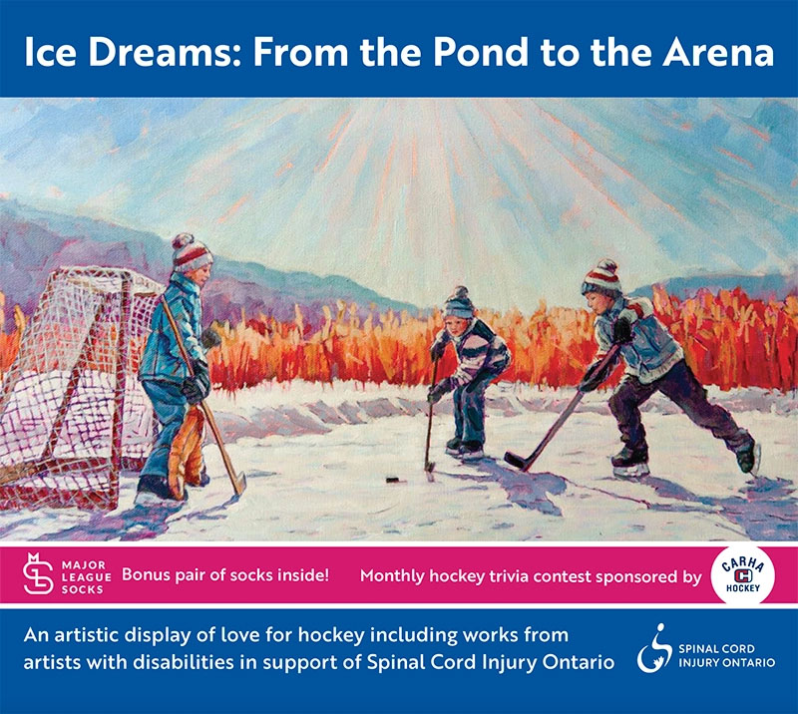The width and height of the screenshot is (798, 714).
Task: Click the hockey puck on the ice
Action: (x=393, y=479)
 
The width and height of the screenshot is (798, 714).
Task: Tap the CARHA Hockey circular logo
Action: (x=743, y=575)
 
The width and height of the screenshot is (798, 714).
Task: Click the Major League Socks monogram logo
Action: (x=38, y=573)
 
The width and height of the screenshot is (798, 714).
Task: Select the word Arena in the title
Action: (x=718, y=52)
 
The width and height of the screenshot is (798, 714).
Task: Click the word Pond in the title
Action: (x=481, y=52)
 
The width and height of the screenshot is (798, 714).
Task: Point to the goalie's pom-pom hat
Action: (x=191, y=252)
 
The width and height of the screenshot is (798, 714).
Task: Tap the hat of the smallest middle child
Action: (x=459, y=303)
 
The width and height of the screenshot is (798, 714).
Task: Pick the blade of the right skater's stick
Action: (x=517, y=461)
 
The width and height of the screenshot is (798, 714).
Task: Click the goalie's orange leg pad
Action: (x=186, y=452)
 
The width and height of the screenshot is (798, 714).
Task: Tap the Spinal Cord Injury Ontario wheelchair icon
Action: (x=654, y=648)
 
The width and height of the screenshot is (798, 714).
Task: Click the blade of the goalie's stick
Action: (x=238, y=484)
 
